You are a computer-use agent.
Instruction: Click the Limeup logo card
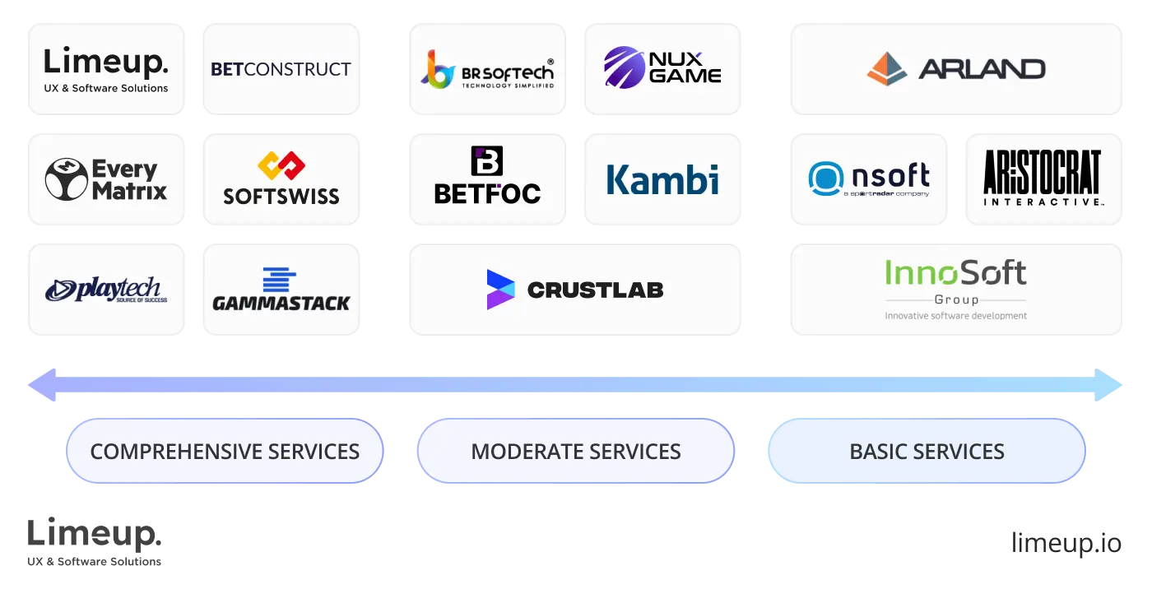108,69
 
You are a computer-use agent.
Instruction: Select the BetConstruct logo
280,69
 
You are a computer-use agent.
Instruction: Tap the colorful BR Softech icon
438,69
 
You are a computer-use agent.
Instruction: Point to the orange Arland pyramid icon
887,69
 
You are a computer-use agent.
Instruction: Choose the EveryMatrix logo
105,180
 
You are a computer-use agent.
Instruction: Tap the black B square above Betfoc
486,161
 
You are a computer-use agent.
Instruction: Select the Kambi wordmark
662,180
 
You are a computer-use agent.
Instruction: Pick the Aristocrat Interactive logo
1043,179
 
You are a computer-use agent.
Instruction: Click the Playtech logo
106,290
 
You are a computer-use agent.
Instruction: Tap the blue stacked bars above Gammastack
280,280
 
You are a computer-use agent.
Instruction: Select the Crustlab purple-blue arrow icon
500,290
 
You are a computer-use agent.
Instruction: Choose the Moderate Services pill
575,452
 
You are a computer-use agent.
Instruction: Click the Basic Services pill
926,452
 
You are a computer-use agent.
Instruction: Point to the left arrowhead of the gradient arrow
41,385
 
